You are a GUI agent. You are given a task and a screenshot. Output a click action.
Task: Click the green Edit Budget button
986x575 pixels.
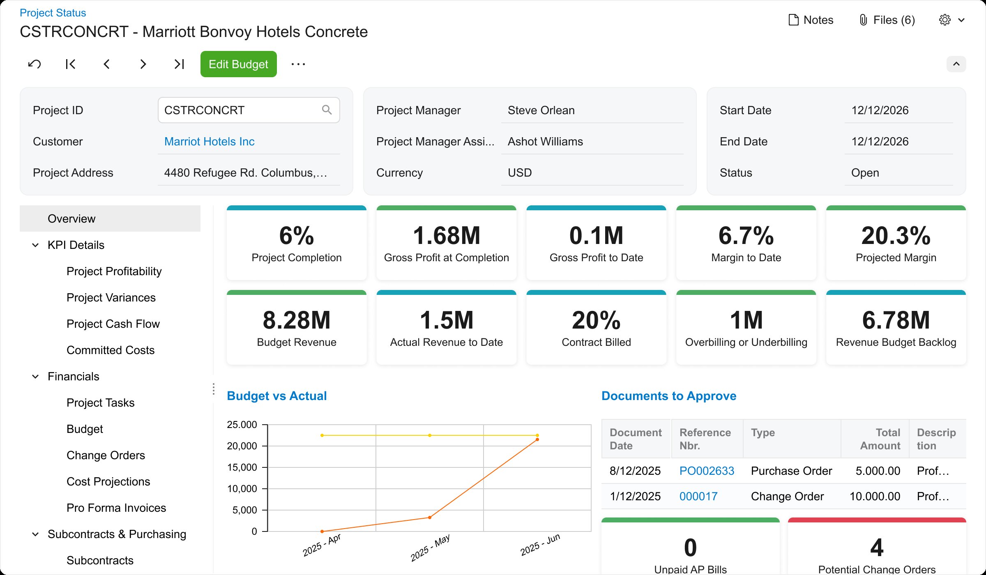click(x=238, y=64)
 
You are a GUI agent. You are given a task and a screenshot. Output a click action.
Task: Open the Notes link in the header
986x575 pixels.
click(x=811, y=20)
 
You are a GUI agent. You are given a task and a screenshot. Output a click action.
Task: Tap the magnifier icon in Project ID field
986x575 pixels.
click(x=327, y=110)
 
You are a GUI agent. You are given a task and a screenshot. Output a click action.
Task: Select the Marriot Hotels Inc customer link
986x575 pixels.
click(x=209, y=142)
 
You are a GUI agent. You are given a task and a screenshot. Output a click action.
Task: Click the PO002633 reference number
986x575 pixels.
click(x=707, y=471)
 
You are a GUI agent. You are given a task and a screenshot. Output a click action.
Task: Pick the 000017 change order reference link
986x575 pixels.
click(x=698, y=496)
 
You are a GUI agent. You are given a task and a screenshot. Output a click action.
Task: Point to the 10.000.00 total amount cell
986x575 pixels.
click(x=875, y=496)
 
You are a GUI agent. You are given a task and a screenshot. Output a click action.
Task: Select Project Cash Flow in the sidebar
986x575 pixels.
click(x=113, y=324)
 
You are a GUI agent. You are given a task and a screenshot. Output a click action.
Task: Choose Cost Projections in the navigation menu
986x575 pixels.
click(x=108, y=481)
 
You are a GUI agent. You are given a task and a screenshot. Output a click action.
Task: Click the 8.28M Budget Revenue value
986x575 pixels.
click(x=296, y=320)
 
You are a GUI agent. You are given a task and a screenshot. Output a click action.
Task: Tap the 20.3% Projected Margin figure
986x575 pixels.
click(x=896, y=236)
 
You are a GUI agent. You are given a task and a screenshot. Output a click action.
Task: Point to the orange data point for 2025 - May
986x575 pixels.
click(x=430, y=517)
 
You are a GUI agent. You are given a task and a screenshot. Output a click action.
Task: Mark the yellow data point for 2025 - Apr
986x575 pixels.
click(x=322, y=435)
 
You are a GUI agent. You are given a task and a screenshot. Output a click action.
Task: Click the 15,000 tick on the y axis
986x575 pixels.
click(x=242, y=467)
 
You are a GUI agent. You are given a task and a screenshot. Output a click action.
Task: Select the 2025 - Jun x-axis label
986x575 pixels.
click(x=540, y=545)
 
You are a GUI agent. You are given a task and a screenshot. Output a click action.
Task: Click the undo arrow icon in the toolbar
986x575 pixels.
click(x=35, y=64)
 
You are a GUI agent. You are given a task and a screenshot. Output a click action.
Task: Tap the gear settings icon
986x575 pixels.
click(x=945, y=20)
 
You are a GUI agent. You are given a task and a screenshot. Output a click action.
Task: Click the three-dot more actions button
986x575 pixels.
click(x=298, y=64)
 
